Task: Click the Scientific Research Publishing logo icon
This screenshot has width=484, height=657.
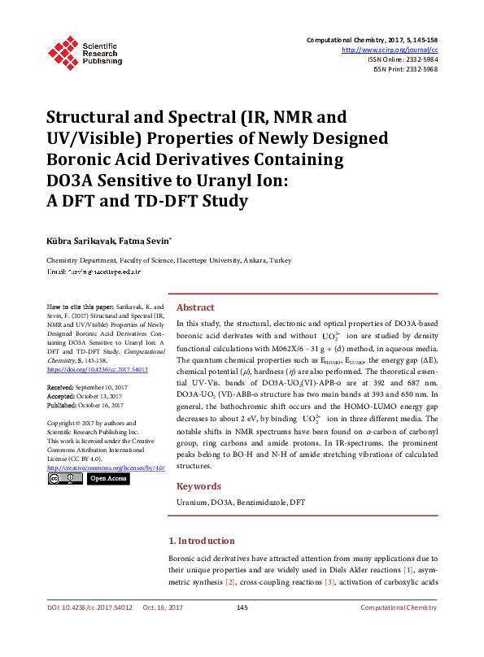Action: point(63,50)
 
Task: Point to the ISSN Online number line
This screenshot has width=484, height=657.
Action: point(403,59)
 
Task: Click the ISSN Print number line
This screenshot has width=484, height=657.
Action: point(405,69)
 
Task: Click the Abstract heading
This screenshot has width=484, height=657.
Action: point(195,308)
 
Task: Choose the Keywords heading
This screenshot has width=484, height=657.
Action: point(198,486)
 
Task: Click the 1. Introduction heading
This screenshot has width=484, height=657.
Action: point(202,541)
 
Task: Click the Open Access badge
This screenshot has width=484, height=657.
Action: point(107,479)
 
